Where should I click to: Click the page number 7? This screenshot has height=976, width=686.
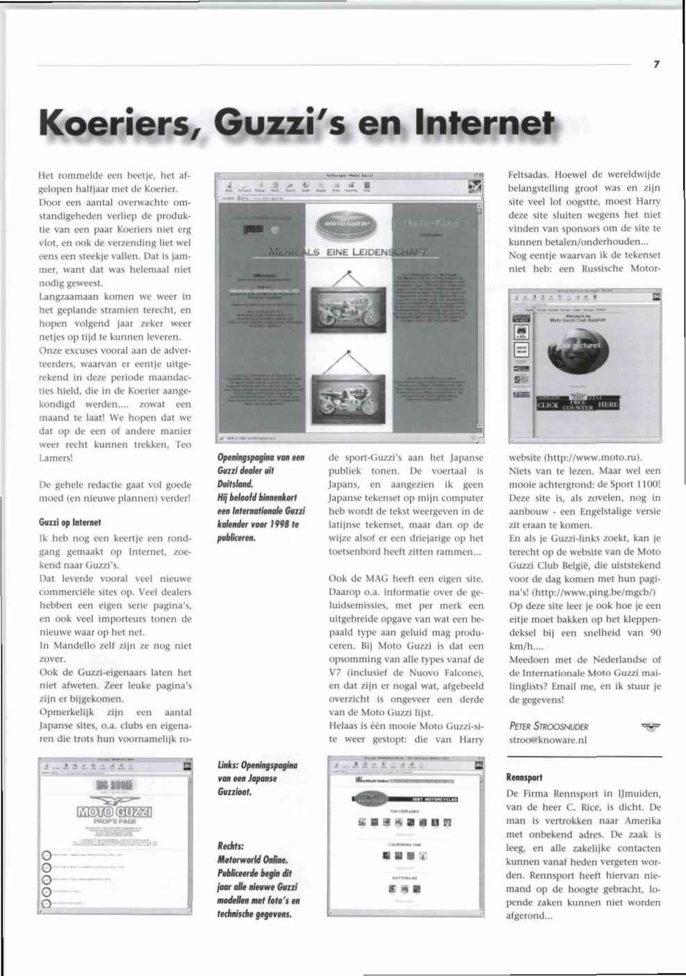[656, 64]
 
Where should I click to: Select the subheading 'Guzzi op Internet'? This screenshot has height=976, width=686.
[70, 522]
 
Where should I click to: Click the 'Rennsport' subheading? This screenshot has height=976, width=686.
[524, 777]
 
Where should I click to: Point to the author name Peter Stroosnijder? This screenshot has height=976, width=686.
[548, 726]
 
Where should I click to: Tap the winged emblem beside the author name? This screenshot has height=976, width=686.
[651, 727]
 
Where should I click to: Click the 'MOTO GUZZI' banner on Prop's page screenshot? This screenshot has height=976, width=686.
[115, 812]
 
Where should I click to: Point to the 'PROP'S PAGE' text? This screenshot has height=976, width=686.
[115, 822]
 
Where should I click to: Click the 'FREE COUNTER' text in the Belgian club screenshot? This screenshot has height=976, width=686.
[577, 405]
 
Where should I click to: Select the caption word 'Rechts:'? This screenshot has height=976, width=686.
[231, 846]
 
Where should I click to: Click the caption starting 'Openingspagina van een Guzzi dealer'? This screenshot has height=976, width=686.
[261, 464]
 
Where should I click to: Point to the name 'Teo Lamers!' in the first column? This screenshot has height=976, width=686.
[115, 451]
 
